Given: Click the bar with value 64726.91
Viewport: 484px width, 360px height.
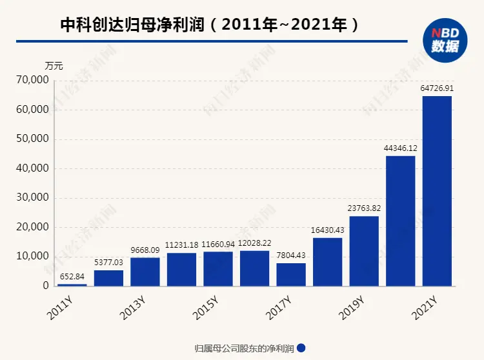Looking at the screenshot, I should [x=437, y=191].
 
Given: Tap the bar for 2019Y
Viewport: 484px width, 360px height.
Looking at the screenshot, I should [x=364, y=251].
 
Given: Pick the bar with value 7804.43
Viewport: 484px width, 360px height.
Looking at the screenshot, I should [x=291, y=274].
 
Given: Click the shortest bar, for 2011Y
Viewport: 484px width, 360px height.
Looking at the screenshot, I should [x=72, y=285].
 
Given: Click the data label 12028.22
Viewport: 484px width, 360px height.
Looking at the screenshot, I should [x=255, y=245].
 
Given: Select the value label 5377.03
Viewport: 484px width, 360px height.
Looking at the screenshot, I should [x=108, y=264].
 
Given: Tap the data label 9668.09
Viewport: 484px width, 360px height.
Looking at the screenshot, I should [x=145, y=251].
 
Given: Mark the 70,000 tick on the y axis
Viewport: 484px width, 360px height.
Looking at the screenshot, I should [x=32, y=81].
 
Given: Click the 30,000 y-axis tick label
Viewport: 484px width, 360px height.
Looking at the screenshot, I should [x=32, y=198].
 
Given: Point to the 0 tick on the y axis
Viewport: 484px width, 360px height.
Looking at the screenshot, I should [x=45, y=286].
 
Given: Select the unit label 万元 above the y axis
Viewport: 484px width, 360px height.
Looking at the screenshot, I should [x=54, y=66].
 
